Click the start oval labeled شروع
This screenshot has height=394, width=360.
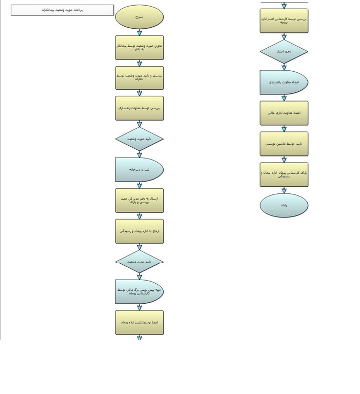[x=139, y=17]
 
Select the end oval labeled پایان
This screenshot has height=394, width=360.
[x=284, y=205]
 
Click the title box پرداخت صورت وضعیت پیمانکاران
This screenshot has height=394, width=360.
[x=62, y=10]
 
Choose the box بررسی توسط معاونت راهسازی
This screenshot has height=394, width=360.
[x=139, y=108]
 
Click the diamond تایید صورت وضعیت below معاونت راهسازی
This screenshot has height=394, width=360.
[x=139, y=139]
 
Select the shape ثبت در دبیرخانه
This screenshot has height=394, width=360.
[x=138, y=170]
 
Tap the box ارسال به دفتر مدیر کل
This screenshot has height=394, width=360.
[x=139, y=201]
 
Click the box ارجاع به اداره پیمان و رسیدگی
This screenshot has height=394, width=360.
[x=139, y=231]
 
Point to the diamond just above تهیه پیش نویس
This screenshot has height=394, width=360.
[x=139, y=262]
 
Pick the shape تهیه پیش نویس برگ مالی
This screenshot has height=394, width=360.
[x=139, y=292]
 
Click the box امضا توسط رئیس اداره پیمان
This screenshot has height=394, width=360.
[x=139, y=323]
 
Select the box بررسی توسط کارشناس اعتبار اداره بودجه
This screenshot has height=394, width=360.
[x=284, y=21]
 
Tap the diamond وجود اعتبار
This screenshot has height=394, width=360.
[x=284, y=52]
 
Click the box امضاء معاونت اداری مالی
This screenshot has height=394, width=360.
[x=284, y=113]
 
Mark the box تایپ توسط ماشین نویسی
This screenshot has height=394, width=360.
[x=284, y=144]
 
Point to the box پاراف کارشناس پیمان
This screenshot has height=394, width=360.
[x=284, y=174]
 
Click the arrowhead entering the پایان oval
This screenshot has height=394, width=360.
[x=284, y=191]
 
